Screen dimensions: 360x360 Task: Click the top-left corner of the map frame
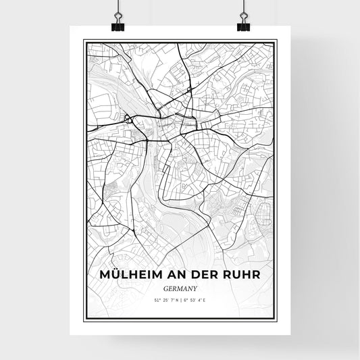(84, 40)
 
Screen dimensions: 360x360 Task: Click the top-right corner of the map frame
(276, 40)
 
